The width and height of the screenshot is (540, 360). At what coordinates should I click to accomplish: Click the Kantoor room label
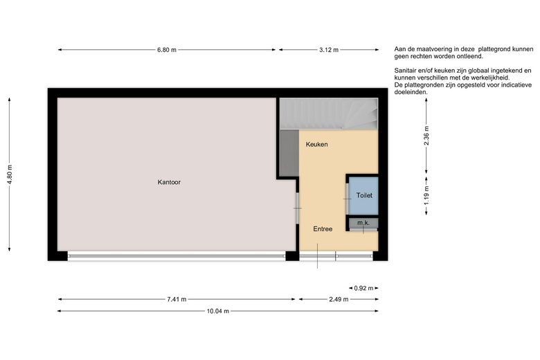[169, 182]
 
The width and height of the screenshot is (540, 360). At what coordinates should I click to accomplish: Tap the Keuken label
[316, 144]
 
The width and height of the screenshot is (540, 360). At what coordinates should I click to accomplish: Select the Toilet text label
[364, 195]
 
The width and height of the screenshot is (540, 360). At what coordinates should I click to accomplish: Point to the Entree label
[323, 229]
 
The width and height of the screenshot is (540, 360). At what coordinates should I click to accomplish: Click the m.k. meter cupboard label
[363, 223]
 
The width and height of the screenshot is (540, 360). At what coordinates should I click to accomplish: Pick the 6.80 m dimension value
[167, 50]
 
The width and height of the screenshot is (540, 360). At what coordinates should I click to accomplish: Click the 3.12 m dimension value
[329, 50]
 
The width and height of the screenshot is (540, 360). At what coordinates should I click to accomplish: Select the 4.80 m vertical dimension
[10, 174]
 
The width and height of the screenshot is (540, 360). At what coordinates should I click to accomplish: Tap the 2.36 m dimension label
[426, 136]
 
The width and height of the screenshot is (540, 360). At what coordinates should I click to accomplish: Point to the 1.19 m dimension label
[426, 196]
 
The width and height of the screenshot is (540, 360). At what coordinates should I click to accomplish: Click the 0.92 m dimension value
[363, 288]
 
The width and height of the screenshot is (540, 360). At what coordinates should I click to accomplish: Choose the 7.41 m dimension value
[177, 299]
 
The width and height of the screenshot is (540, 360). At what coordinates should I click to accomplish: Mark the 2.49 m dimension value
[339, 299]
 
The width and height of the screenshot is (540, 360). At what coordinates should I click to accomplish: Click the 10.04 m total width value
[217, 311]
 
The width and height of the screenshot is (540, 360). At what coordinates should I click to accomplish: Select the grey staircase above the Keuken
[329, 114]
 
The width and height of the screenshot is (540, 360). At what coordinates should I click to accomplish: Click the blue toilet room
[364, 196]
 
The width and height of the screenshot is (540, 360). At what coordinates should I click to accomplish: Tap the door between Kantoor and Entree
[298, 208]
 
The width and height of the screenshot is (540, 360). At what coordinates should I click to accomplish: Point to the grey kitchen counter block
[289, 153]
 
